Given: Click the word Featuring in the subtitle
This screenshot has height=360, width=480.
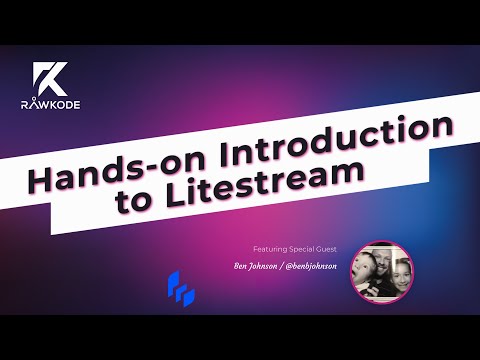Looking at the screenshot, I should point(272,247).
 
